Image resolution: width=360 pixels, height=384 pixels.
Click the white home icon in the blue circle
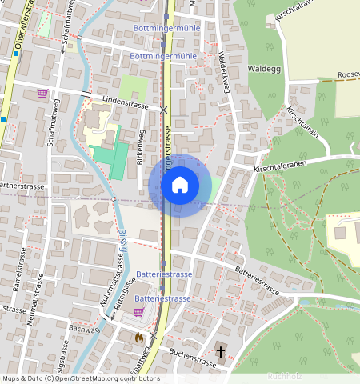coord(180,185)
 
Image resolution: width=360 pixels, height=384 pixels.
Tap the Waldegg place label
coord(264,70)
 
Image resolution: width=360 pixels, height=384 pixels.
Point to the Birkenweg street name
coord(141,147)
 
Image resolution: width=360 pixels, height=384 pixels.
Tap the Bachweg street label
coord(84,329)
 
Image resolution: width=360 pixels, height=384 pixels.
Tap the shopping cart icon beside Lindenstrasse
coord(42,94)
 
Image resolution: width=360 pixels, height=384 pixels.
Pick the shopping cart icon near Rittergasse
coord(138,312)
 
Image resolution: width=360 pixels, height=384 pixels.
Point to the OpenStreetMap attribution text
coord(80,378)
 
